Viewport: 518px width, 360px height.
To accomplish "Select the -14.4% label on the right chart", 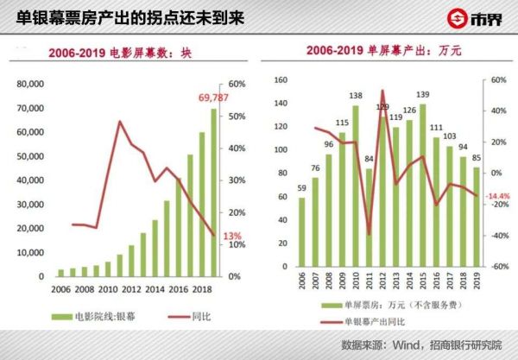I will coord(499,196).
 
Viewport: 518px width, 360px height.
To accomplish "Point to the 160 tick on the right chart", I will coord(280,79).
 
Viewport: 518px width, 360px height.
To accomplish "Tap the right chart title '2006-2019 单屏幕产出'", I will coord(384,52).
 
